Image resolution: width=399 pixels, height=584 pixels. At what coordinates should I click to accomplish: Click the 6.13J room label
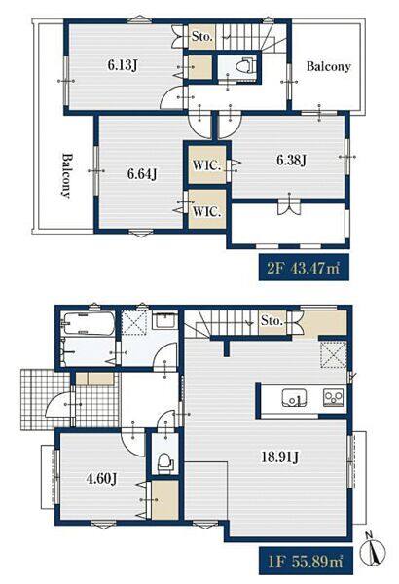point(123,65)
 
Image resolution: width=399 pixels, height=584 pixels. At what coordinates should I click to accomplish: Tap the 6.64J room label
point(142,173)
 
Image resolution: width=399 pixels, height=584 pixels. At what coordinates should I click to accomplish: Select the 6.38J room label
point(291,161)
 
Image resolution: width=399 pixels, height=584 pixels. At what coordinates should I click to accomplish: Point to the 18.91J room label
point(279,456)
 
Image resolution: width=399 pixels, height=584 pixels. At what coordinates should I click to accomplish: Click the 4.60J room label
point(102,478)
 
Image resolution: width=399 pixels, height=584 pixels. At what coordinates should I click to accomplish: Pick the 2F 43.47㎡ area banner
point(304,268)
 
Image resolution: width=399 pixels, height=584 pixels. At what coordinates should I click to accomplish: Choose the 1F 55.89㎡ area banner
point(306,561)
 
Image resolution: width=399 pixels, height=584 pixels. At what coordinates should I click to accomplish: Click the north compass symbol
point(373,549)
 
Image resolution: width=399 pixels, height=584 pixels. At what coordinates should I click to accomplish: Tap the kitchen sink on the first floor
point(294,399)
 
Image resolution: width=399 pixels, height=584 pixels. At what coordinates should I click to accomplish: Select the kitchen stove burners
point(334,398)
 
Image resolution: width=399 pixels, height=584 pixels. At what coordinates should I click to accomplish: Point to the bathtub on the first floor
point(89,323)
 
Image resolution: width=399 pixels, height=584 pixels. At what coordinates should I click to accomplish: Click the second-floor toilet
point(244,66)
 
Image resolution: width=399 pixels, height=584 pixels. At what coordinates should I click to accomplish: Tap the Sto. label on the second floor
point(202,37)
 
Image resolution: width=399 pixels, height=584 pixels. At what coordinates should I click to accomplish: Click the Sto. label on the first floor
point(272,320)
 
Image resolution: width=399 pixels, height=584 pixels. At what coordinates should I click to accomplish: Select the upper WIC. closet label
point(207,165)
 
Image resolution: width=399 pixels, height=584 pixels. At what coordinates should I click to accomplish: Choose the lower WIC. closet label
point(207,211)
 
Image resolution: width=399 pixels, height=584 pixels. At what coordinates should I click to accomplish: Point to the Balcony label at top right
point(328,66)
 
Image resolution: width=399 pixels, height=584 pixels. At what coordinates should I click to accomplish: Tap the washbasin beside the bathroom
point(165,321)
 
